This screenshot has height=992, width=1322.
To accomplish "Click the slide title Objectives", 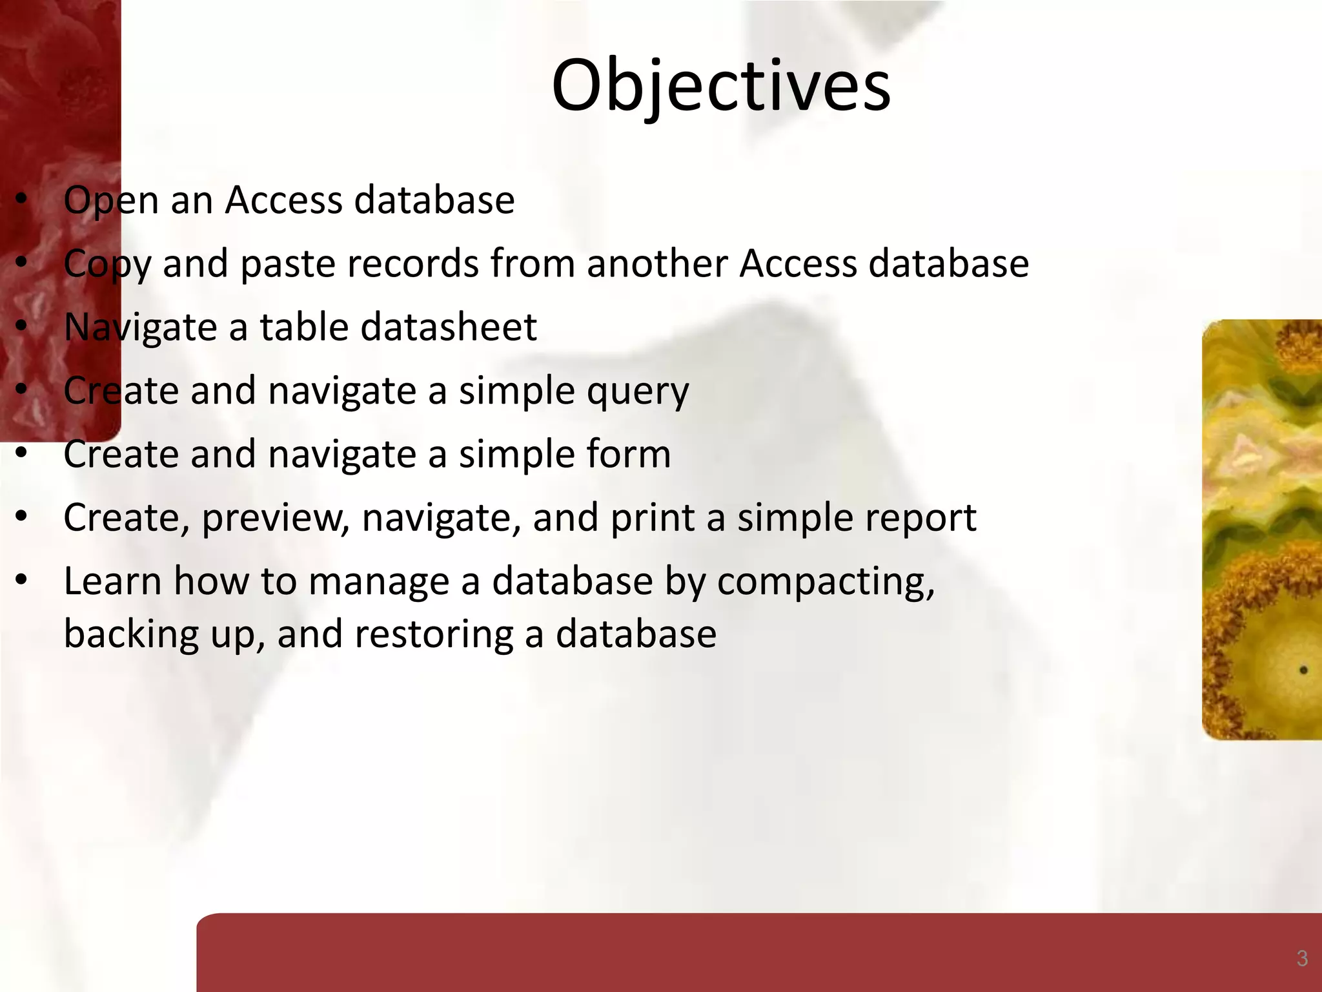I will point(721,86).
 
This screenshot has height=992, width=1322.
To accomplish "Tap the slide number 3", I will point(1302,958).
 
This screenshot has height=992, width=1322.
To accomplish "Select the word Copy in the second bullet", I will point(107,265).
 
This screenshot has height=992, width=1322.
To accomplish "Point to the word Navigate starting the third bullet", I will point(139,327).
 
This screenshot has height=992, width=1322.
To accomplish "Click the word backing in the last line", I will point(131,634).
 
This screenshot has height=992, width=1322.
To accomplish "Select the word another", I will point(657,263).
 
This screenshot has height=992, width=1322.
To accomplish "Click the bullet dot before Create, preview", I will point(21,517).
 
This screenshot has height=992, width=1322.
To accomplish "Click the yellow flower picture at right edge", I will point(1262,530).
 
